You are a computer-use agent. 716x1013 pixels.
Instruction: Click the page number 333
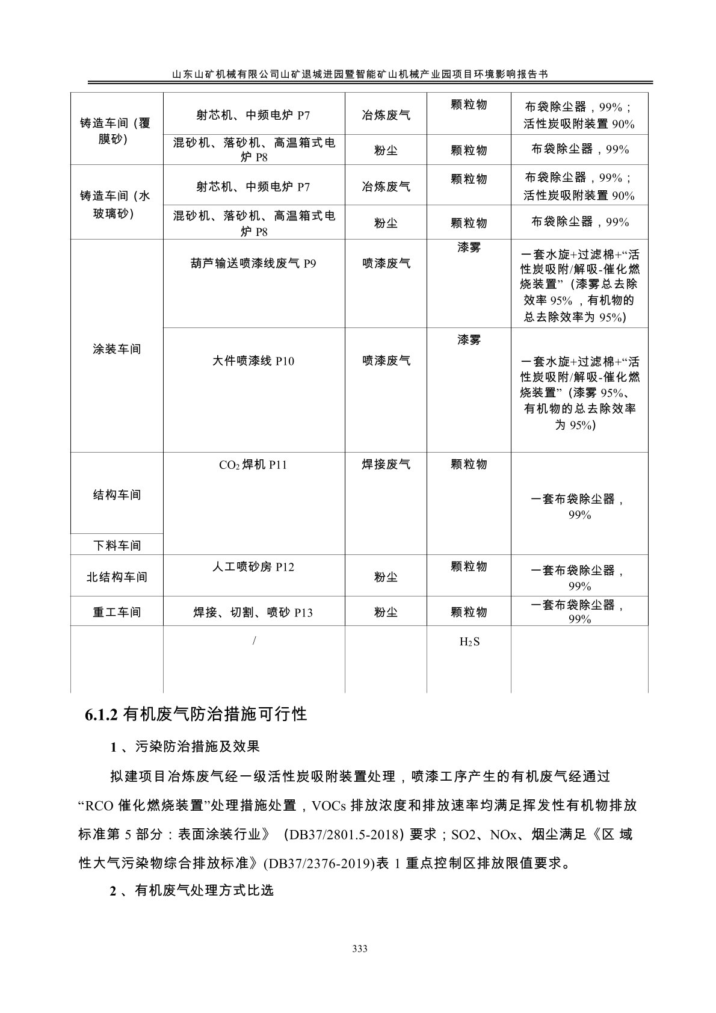(359, 949)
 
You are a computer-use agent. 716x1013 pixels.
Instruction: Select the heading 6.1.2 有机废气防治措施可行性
(196, 714)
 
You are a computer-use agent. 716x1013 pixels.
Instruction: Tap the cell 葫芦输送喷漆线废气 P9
(253, 263)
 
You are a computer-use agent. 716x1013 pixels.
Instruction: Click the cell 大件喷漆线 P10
(253, 361)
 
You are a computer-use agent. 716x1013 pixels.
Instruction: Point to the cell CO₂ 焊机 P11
(253, 465)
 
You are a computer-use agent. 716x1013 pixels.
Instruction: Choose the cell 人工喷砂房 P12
(253, 567)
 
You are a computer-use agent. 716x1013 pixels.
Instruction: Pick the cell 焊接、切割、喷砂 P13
(253, 613)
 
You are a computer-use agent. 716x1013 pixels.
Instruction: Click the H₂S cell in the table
(469, 642)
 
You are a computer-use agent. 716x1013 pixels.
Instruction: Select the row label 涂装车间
(117, 349)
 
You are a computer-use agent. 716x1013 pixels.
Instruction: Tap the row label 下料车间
(117, 545)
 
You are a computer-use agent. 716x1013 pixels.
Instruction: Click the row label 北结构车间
(117, 577)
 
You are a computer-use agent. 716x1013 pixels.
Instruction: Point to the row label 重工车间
(117, 612)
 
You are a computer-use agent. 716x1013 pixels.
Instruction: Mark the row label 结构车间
(117, 495)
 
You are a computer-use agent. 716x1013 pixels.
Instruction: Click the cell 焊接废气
(386, 465)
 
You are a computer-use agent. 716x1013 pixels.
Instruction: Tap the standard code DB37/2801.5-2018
(345, 835)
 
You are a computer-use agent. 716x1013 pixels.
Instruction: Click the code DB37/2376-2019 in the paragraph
(317, 864)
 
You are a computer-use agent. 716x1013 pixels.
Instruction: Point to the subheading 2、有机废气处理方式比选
(192, 890)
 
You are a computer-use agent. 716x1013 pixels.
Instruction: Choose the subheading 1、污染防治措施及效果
(185, 747)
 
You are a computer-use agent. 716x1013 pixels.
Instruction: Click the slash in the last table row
(255, 642)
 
